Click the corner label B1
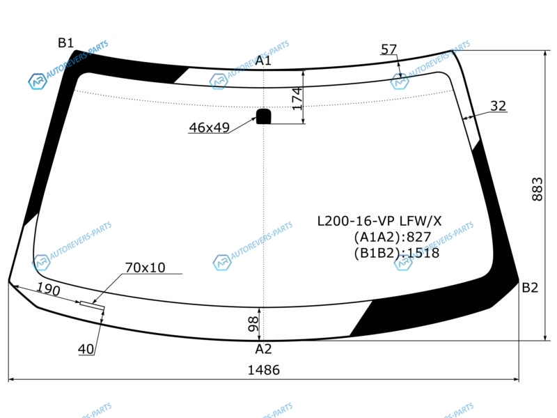[65, 43]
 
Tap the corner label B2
[530, 287]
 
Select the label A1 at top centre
[263, 61]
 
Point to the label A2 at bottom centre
[263, 349]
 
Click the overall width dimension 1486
[264, 370]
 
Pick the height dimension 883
[538, 189]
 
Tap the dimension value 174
[297, 98]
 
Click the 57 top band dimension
[389, 49]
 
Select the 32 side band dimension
[498, 106]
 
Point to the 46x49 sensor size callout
[210, 127]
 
